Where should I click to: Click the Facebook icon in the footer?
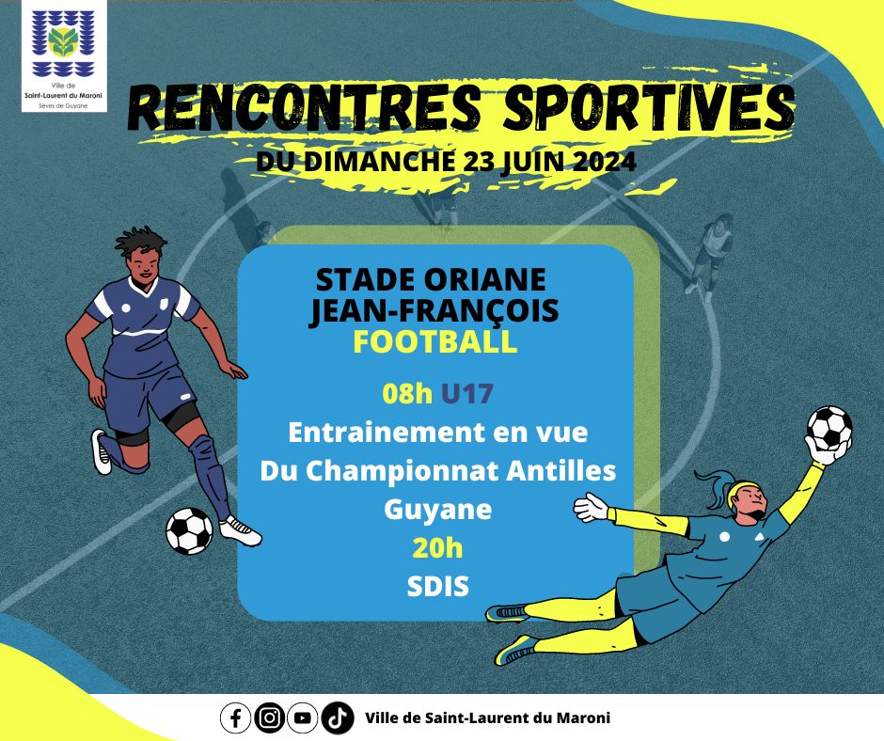click(x=236, y=717)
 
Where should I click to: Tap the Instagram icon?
click(x=269, y=717)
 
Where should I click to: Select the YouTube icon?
click(x=303, y=717)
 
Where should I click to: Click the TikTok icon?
click(x=338, y=717)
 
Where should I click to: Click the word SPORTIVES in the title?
click(x=648, y=107)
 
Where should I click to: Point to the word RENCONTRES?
click(x=304, y=108)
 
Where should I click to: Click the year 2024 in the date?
click(x=605, y=162)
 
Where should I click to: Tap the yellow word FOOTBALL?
click(x=435, y=341)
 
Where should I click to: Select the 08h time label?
click(x=407, y=393)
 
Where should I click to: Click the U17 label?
click(x=467, y=393)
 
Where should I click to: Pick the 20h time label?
click(x=437, y=547)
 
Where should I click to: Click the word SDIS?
click(x=438, y=587)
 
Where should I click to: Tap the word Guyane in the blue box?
click(x=437, y=511)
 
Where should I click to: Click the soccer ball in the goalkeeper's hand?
click(x=829, y=428)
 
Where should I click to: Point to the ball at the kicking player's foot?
click(x=189, y=530)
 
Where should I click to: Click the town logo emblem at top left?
click(x=63, y=44)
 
